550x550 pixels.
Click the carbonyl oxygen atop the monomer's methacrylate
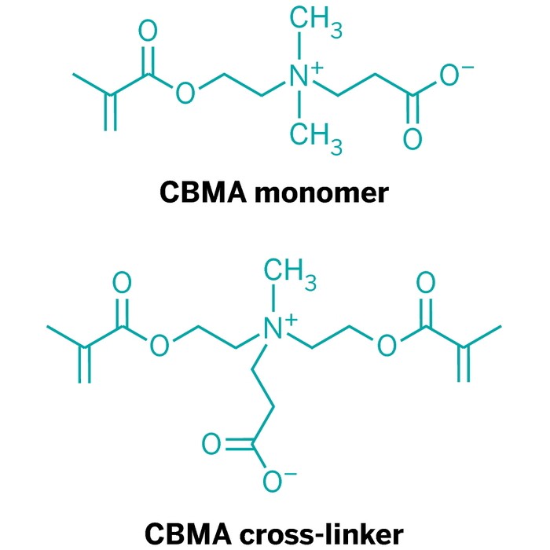[147, 32]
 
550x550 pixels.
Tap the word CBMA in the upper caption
[203, 192]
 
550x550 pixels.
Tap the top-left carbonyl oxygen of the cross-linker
[122, 283]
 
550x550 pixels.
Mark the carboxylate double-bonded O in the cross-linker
[212, 445]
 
